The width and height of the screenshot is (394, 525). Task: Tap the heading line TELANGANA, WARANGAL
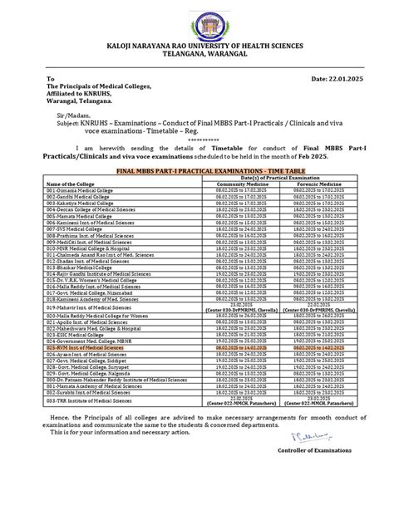click(x=197, y=61)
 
